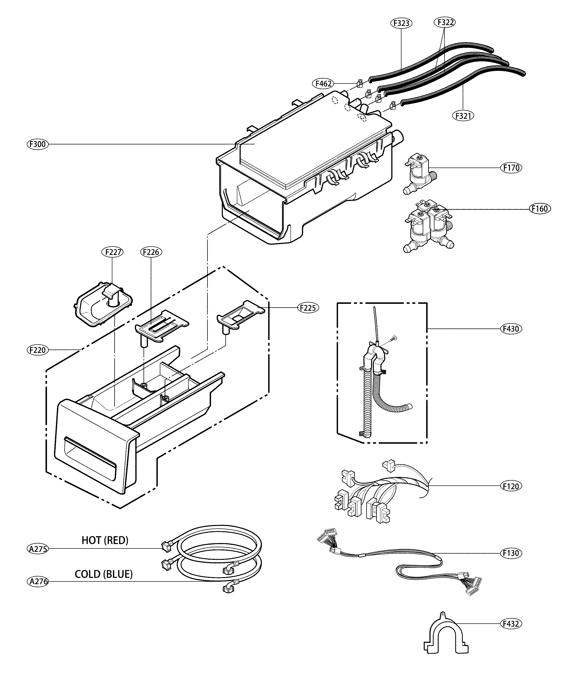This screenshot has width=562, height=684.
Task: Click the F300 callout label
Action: pos(38,144)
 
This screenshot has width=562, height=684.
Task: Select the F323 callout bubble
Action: pos(401,23)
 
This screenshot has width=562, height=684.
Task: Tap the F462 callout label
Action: pos(323,84)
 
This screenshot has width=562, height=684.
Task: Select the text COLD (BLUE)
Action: pos(104,574)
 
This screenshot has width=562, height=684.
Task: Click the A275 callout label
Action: pos(38,549)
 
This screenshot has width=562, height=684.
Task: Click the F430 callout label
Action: pos(511,329)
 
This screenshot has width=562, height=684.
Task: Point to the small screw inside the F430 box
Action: pos(394,339)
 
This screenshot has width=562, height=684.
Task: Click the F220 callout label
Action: pos(38,350)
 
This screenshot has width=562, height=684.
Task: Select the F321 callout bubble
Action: pos(463,115)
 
